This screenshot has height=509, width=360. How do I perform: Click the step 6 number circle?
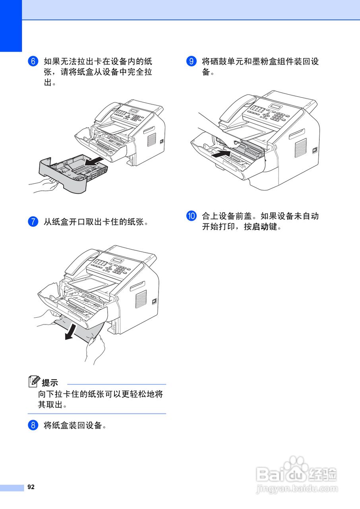click(x=33, y=62)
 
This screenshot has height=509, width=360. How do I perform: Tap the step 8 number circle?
click(x=33, y=425)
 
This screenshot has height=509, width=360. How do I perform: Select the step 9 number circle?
click(x=191, y=62)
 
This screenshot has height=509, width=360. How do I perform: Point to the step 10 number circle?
click(x=191, y=216)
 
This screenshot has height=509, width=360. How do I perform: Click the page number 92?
click(x=31, y=487)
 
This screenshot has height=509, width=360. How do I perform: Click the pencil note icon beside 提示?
click(x=34, y=382)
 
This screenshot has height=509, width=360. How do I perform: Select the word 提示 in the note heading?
click(x=50, y=383)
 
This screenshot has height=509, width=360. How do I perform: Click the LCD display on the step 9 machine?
click(x=275, y=106)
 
